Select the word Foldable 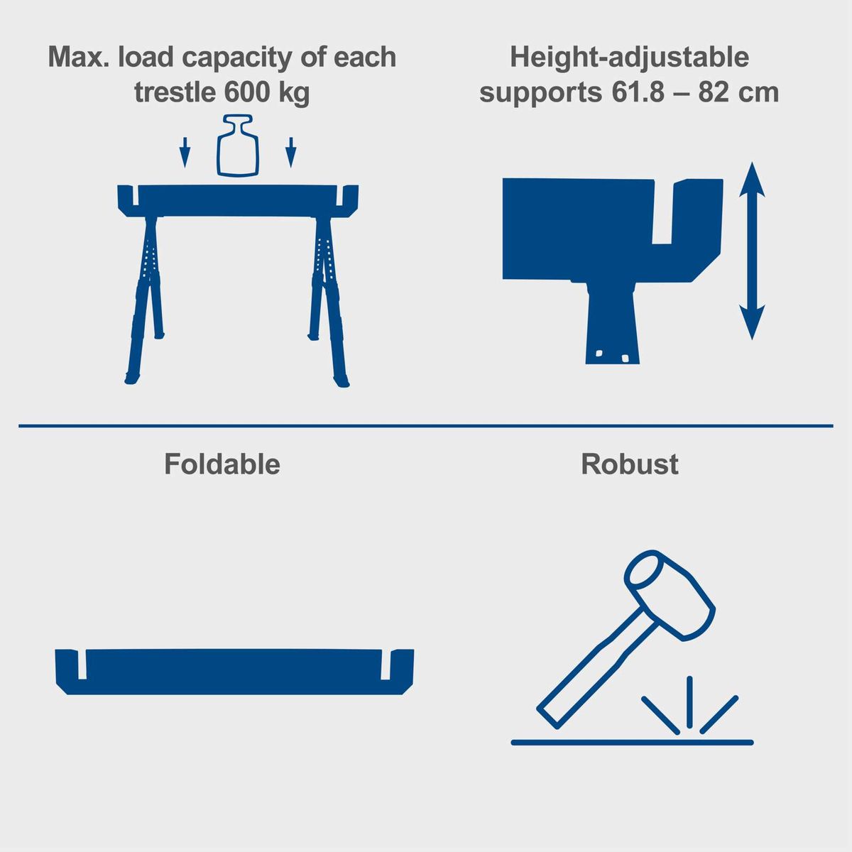222,464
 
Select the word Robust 629,464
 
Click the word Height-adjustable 629,58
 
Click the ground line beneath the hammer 632,743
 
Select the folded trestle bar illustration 234,670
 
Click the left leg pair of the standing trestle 148,298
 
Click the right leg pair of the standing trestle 327,298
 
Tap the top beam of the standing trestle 238,200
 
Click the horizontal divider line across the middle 426,426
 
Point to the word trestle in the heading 175,92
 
